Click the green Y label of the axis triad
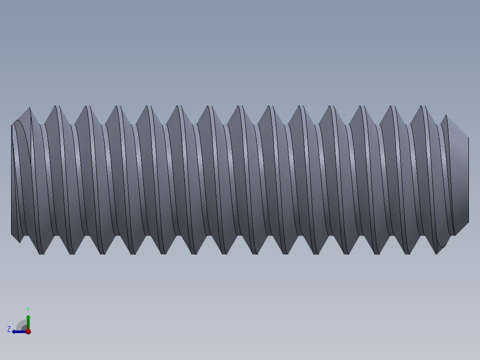28,309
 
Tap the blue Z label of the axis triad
9,329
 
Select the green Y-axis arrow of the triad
28,320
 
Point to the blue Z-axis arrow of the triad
18,331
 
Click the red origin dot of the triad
28,331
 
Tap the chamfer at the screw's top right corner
456,127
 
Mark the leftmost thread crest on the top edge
29,108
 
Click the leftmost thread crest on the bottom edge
42,253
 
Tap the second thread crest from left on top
57,107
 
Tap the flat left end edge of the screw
12,178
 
